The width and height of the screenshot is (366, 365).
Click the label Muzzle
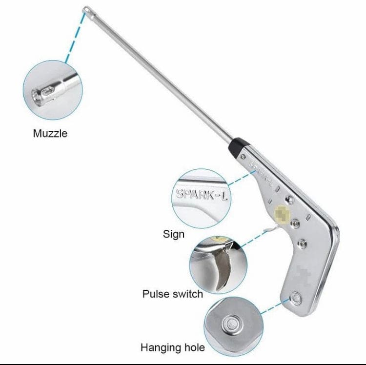(x=50, y=133)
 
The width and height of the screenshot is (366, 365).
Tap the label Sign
(x=174, y=234)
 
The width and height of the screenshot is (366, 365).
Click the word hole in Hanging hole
(x=194, y=348)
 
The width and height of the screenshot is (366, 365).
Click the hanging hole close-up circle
(x=233, y=324)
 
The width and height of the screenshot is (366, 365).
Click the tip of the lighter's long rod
(x=86, y=8)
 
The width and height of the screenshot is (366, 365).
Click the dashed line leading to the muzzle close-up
(x=74, y=41)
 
